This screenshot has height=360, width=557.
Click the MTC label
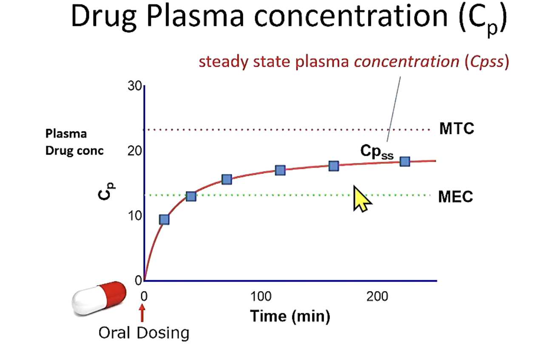[x=456, y=129]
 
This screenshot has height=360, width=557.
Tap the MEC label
[x=455, y=197]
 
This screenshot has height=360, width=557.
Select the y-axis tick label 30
[x=134, y=86]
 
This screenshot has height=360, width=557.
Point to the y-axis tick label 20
[x=134, y=151]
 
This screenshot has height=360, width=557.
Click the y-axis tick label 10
[x=134, y=216]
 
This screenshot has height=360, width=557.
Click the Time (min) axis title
[x=290, y=316]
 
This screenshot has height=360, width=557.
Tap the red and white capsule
[x=99, y=297]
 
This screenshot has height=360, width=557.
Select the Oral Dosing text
[x=144, y=332]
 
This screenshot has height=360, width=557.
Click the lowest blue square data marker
[x=164, y=220]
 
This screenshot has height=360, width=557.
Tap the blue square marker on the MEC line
[x=191, y=196]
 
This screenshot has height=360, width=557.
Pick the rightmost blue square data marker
[x=405, y=161]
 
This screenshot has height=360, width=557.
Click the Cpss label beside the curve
[x=376, y=151]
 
